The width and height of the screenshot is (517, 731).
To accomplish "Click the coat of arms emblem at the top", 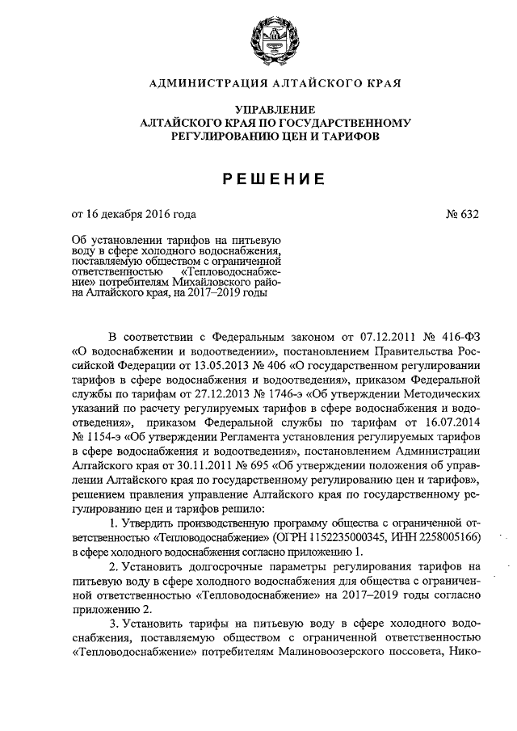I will (x=260, y=40).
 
